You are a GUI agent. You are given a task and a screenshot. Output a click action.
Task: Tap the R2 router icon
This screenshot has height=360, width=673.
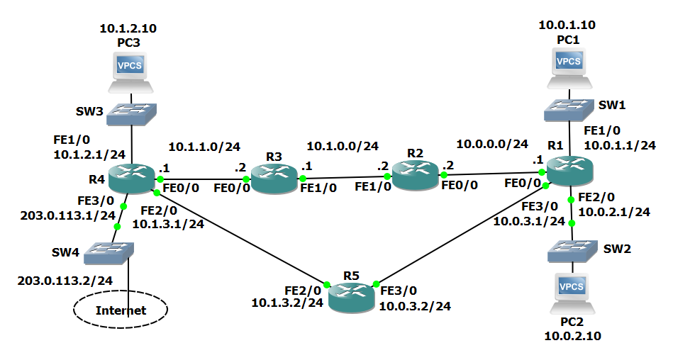[415, 174]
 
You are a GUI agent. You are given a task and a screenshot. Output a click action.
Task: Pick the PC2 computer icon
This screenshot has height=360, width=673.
[572, 292]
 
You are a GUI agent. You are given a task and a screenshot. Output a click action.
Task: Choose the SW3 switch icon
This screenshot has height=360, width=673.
[132, 113]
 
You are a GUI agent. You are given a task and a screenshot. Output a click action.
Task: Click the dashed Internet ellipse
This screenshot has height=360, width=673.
[121, 310]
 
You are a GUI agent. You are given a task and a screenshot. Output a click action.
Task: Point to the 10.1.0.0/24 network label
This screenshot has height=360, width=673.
[343, 147]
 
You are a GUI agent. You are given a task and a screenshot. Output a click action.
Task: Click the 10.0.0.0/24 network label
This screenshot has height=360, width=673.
[492, 144]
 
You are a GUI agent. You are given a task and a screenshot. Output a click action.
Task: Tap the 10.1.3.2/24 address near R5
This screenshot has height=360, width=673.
[287, 303]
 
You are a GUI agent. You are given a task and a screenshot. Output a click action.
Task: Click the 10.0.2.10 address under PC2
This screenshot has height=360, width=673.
[572, 336]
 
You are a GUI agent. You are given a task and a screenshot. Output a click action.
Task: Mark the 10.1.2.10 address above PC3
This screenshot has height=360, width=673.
[128, 29]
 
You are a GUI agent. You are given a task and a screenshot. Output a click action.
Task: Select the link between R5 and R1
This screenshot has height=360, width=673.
[461, 234]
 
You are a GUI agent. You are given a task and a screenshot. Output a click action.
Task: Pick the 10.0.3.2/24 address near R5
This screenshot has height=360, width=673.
[415, 306]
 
